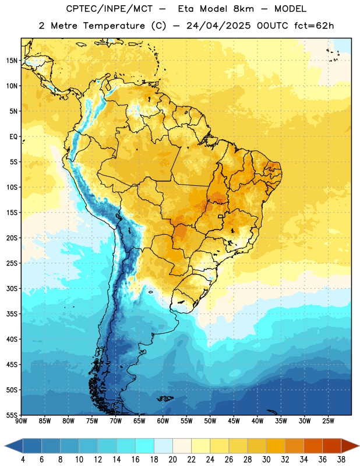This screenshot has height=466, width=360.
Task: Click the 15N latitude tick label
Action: [x=12, y=61]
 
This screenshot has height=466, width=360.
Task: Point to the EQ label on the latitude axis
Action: [x=13, y=137]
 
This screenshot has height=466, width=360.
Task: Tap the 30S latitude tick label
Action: [x=12, y=288]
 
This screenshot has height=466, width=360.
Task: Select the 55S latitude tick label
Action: [x=12, y=415]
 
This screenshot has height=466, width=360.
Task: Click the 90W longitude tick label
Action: [x=21, y=421]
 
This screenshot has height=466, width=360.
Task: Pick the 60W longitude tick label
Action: [x=163, y=421]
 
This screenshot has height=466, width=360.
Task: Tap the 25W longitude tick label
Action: [x=328, y=421]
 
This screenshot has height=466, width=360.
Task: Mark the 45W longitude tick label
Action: [x=234, y=421]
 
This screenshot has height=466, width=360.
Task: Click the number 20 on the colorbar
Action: [x=172, y=460]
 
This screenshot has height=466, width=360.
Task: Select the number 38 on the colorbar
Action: [x=341, y=460]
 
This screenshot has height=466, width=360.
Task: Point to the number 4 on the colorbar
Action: [x=23, y=460]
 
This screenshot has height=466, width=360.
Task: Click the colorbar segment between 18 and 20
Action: [x=163, y=446]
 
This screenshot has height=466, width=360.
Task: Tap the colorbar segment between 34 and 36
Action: [x=313, y=446]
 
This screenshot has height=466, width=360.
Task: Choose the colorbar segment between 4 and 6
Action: [x=32, y=446]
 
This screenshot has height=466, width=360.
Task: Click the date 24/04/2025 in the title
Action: [x=218, y=26]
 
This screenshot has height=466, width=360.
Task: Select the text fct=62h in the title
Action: [x=314, y=26]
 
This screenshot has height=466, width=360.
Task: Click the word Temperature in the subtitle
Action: [x=114, y=26]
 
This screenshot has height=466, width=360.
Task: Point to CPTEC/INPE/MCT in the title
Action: [x=110, y=9]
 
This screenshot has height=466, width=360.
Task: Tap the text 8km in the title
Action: [x=243, y=9]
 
